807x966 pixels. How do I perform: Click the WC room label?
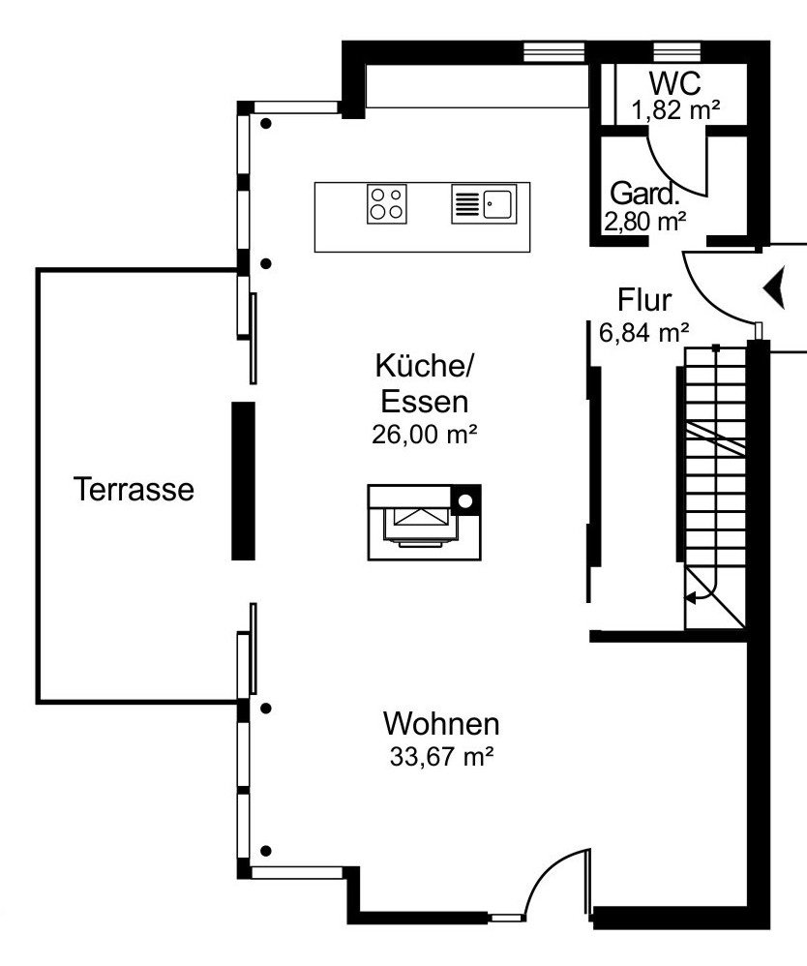[x=674, y=83]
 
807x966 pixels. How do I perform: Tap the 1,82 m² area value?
[x=675, y=110]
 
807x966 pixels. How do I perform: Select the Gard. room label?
[x=644, y=194]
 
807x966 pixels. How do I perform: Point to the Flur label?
[x=644, y=301]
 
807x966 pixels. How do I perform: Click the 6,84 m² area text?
[x=643, y=332]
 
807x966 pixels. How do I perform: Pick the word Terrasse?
[x=134, y=489]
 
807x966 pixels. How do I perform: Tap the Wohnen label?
[x=441, y=723]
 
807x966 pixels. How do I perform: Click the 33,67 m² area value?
[x=441, y=756]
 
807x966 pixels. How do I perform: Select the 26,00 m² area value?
[x=425, y=435]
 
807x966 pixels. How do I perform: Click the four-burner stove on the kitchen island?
[x=387, y=204]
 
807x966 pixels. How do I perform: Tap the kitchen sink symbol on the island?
[x=484, y=204]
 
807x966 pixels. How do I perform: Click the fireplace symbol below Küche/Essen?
[x=424, y=523]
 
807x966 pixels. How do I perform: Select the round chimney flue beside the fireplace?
[x=465, y=501]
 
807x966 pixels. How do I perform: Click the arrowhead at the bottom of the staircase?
[x=691, y=597]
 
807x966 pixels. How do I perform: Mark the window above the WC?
[x=676, y=51]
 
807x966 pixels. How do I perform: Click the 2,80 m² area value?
[x=645, y=222]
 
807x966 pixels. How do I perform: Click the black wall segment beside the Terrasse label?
[x=243, y=481]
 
